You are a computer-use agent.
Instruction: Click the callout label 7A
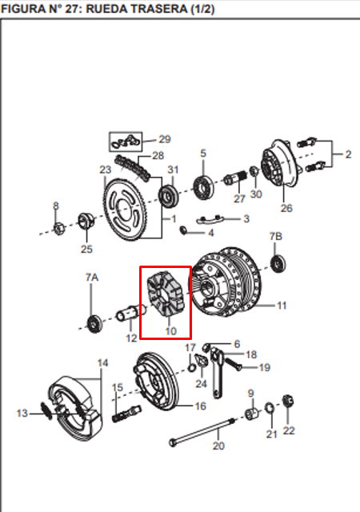pos(92,276)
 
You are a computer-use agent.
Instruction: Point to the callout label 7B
pos(276,236)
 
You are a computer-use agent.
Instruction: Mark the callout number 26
pos(286,209)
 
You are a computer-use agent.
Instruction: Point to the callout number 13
pos(22,413)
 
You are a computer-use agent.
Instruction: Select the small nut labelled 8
pos(58,229)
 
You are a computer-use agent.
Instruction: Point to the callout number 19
pos(265,367)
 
